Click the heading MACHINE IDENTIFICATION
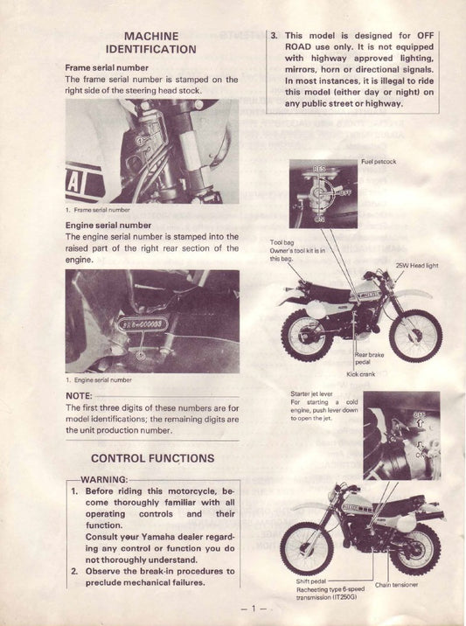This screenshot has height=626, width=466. tap(151, 41)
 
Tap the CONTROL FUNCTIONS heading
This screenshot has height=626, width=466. tap(152, 457)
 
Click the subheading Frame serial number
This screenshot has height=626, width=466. tap(107, 67)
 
